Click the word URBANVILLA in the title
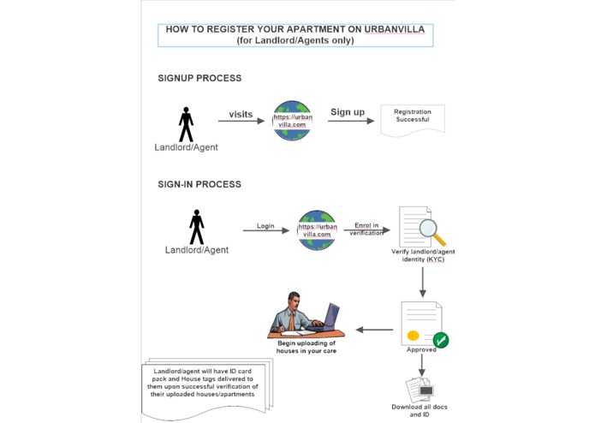click(x=395, y=29)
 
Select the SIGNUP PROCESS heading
click(x=199, y=78)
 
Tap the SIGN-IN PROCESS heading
click(x=199, y=184)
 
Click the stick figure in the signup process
click(x=186, y=124)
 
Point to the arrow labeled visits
click(x=241, y=121)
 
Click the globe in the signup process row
click(x=292, y=120)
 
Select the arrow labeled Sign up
click(x=351, y=121)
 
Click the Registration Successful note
click(x=413, y=120)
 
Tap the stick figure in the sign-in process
click(x=197, y=227)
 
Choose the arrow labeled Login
click(x=266, y=230)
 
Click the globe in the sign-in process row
click(x=317, y=229)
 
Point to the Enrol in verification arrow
click(x=367, y=229)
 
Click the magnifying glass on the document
click(x=431, y=232)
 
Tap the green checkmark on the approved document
click(x=441, y=340)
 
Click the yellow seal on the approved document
click(x=413, y=336)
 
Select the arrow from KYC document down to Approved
click(x=423, y=283)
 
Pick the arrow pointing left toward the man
click(x=374, y=330)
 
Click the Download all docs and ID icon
click(x=419, y=390)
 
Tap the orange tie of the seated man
click(x=291, y=321)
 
